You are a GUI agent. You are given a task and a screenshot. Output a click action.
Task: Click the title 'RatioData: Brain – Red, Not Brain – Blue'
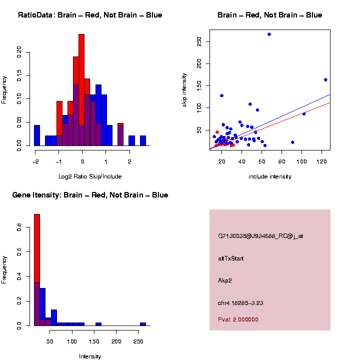(90, 15)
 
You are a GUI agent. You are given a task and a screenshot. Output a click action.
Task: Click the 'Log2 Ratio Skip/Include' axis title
(90, 176)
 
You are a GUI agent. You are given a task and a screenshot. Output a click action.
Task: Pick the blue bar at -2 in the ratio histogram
(37, 135)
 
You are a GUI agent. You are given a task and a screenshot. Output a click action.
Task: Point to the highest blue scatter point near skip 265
(269, 34)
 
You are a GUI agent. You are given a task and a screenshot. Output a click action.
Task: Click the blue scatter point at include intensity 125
(325, 79)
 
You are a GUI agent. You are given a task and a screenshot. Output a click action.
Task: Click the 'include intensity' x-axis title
(270, 176)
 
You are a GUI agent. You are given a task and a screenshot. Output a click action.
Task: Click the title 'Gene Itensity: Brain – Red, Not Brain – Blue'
(90, 195)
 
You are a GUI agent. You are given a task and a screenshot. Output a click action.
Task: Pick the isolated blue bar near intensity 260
(143, 324)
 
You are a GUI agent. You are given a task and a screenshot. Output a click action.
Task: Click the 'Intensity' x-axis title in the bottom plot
(90, 356)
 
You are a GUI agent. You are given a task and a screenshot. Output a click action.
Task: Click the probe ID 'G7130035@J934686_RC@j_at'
(260, 236)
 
